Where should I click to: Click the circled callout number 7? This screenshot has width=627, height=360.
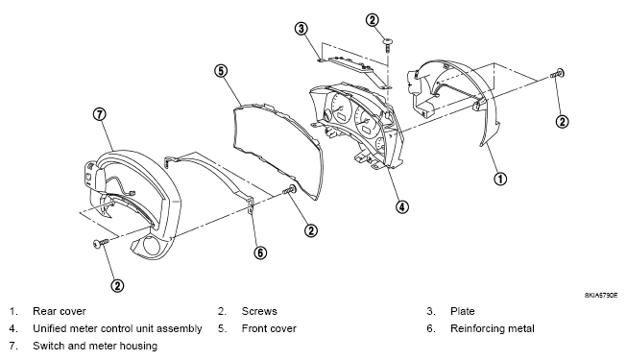tap(100, 114)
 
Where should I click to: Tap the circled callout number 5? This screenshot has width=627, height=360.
tap(221, 71)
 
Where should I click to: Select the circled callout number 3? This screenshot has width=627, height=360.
tap(301, 29)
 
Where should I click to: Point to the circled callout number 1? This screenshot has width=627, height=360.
tap(500, 179)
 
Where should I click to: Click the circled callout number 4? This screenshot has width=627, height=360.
tap(402, 206)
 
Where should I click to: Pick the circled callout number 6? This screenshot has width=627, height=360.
tap(260, 252)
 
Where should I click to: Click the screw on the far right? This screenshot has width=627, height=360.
tap(557, 74)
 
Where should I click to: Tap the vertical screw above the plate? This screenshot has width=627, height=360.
tap(388, 45)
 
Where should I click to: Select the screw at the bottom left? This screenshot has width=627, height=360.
tap(101, 243)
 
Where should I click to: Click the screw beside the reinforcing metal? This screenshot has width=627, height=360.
tap(290, 190)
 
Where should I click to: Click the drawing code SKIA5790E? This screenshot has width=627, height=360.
tap(601, 296)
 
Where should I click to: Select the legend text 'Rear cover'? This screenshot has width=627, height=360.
tap(60, 311)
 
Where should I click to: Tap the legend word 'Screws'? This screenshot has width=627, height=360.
tap(259, 311)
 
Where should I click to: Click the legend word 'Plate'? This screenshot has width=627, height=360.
tap(462, 311)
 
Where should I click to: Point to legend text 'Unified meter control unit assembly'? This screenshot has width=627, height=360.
tap(117, 328)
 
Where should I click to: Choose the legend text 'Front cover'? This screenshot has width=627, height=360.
tap(269, 328)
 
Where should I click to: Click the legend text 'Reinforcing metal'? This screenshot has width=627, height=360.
tap(493, 328)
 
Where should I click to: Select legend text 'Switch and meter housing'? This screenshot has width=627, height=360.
tap(95, 346)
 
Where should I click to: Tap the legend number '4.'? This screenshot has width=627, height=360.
tap(13, 328)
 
